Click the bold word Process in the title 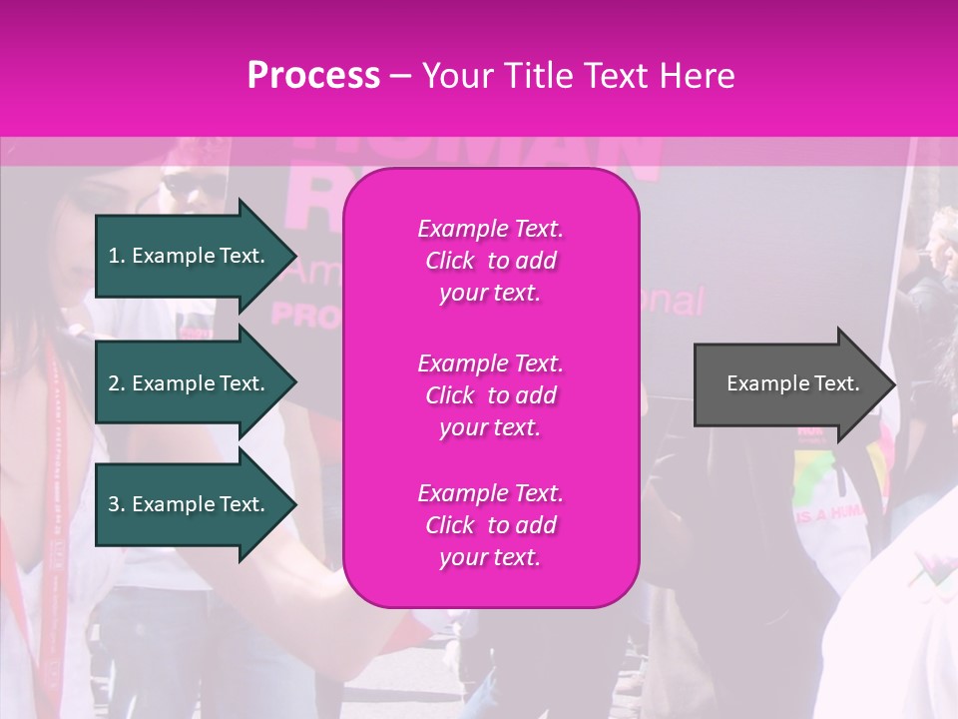(313, 76)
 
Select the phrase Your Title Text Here (579, 76)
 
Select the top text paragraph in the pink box (490, 261)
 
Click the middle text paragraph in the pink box (490, 395)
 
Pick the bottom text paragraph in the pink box (490, 525)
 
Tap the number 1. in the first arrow (117, 256)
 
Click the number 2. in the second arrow (117, 383)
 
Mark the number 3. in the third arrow (117, 504)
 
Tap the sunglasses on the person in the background (190, 184)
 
